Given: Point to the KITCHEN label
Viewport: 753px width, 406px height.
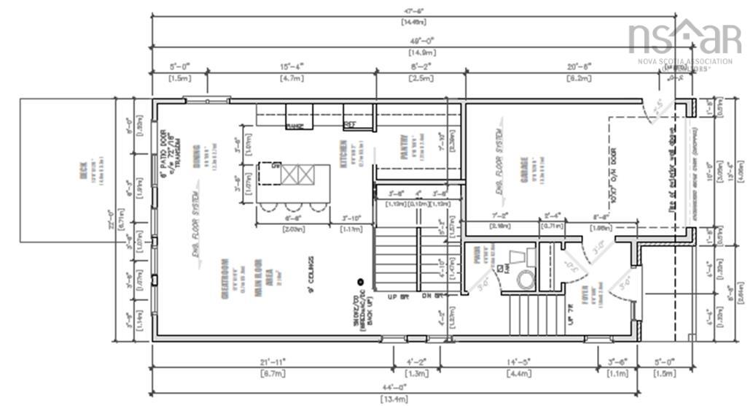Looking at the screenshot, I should (343, 154).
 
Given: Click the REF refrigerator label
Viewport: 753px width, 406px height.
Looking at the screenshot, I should (349, 125).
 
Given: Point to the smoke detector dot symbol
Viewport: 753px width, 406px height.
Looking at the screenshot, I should (360, 281).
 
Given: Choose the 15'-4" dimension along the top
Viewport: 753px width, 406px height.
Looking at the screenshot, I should (291, 66).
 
